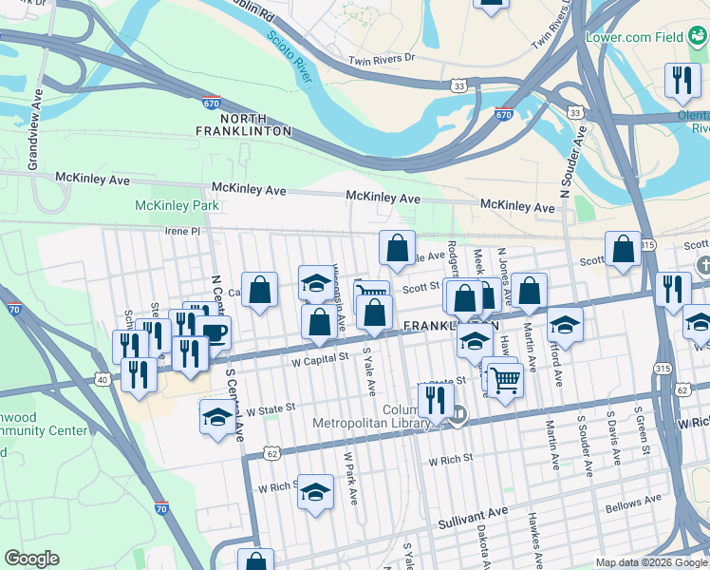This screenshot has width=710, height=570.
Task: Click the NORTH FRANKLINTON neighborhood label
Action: point(243,123)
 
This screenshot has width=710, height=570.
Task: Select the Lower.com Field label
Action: point(647,37)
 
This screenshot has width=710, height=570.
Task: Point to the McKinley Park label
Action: point(177,205)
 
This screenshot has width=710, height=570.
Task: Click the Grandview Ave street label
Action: point(35,130)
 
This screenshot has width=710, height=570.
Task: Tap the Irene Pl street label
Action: point(183,231)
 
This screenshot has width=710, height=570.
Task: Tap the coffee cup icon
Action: point(214,333)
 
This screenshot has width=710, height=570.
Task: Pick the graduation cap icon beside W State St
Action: point(217,416)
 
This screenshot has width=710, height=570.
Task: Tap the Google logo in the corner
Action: point(32,559)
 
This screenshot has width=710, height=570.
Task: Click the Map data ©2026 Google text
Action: point(651,562)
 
